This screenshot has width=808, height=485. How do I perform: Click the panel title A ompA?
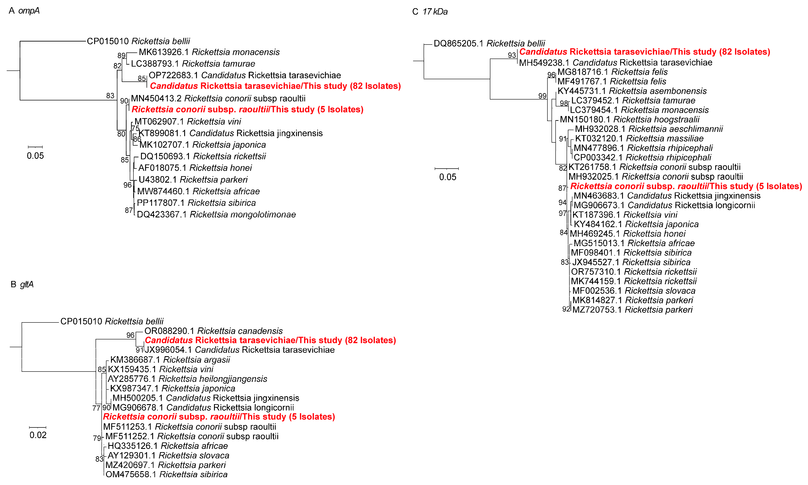(x=24, y=11)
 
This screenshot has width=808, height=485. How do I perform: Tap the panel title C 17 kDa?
(x=430, y=12)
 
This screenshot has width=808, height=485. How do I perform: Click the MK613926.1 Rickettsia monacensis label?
(x=209, y=52)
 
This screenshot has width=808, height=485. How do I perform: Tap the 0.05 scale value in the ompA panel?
(x=35, y=156)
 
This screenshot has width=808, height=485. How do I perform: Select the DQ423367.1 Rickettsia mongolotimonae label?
(x=216, y=214)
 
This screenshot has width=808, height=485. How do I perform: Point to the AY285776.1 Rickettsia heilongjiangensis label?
(x=187, y=379)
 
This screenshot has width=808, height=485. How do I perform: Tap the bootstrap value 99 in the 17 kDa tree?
(x=542, y=96)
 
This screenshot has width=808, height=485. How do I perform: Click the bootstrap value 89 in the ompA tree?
(x=121, y=55)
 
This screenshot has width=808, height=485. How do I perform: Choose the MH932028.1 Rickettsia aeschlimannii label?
(x=649, y=129)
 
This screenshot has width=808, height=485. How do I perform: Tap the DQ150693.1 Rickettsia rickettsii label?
(x=203, y=156)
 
